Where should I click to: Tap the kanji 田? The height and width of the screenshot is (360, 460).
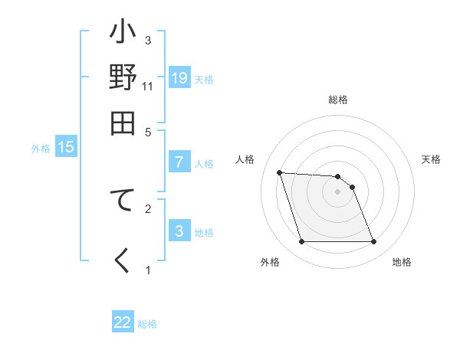click(x=123, y=122)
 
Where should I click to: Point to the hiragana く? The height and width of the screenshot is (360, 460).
click(x=123, y=260)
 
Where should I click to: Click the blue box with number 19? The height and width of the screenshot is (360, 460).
click(x=179, y=78)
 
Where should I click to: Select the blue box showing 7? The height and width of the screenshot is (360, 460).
click(x=179, y=162)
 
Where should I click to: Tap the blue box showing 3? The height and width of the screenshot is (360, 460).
click(x=179, y=231)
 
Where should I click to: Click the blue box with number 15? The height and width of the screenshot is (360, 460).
click(x=66, y=147)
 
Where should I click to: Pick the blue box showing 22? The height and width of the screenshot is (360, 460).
click(x=123, y=322)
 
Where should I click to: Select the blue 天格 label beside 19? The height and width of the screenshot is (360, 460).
click(x=203, y=80)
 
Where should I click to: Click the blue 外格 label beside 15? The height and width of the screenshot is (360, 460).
click(x=41, y=149)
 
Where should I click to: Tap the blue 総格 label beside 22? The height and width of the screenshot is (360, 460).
click(x=147, y=324)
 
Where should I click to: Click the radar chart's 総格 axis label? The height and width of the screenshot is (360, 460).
click(x=337, y=100)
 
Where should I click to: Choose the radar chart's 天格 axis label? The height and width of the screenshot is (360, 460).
click(x=431, y=159)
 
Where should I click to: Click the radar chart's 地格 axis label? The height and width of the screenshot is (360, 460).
click(x=402, y=262)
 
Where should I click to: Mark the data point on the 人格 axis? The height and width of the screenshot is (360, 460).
click(x=280, y=172)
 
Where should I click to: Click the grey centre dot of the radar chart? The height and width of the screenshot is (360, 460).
click(x=337, y=191)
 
